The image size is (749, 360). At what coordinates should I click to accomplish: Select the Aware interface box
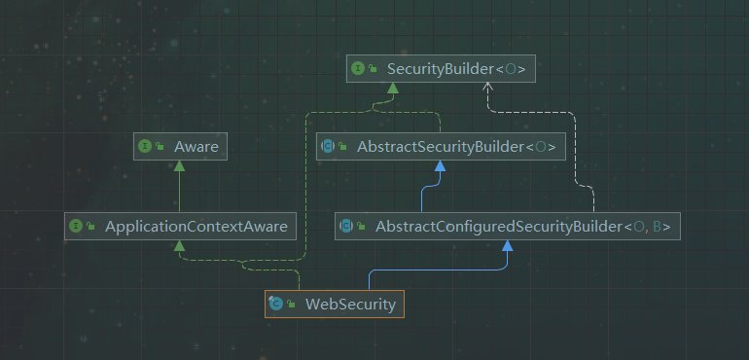point(179,146)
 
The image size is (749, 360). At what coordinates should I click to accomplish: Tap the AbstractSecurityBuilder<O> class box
point(441,147)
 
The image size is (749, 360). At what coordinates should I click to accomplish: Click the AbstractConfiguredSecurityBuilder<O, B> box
point(507,227)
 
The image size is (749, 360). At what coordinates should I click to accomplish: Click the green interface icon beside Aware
point(145,146)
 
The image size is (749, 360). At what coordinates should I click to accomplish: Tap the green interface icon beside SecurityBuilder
point(358,68)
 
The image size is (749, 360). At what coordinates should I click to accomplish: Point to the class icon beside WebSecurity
point(275,304)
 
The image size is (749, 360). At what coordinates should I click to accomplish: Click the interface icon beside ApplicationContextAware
point(77,226)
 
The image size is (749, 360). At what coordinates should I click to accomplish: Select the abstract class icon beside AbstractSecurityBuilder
point(329,147)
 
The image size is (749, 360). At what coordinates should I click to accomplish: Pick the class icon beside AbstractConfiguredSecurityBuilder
point(346,227)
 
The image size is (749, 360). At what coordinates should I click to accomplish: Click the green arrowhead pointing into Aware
point(179,165)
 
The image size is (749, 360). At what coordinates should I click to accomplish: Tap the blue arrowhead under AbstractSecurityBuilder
point(441,166)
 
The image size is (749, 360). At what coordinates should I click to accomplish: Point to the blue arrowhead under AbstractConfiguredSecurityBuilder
point(507,246)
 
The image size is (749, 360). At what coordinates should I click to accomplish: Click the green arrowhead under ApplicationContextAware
point(180,245)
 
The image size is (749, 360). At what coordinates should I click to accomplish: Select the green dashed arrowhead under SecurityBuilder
point(393,88)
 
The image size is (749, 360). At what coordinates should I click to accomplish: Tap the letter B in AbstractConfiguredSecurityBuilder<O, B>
point(659,227)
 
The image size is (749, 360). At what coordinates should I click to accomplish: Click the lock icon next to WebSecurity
point(290,305)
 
